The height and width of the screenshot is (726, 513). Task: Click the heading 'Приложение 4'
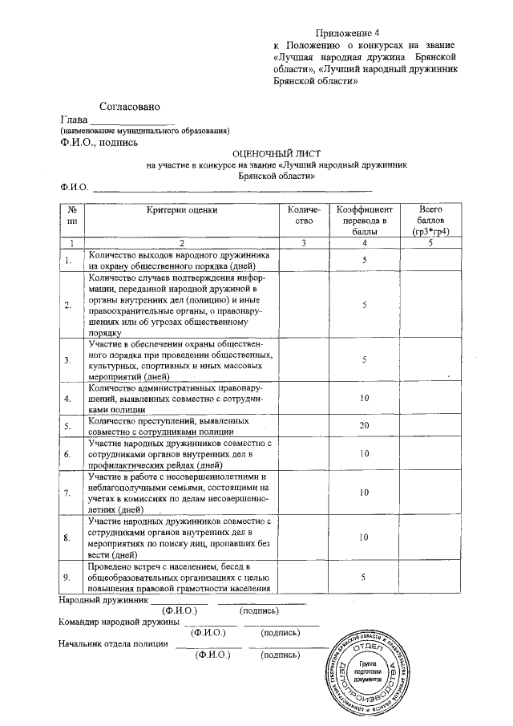347,33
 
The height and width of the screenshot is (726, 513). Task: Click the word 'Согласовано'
130,106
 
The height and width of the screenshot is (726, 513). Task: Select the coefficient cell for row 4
364,397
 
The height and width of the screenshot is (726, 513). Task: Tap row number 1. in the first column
68,261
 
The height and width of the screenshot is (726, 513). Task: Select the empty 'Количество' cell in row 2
302,305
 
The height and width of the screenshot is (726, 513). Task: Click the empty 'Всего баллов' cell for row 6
430,454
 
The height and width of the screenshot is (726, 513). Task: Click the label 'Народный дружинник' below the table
104,599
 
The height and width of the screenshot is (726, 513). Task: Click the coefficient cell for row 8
364,537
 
